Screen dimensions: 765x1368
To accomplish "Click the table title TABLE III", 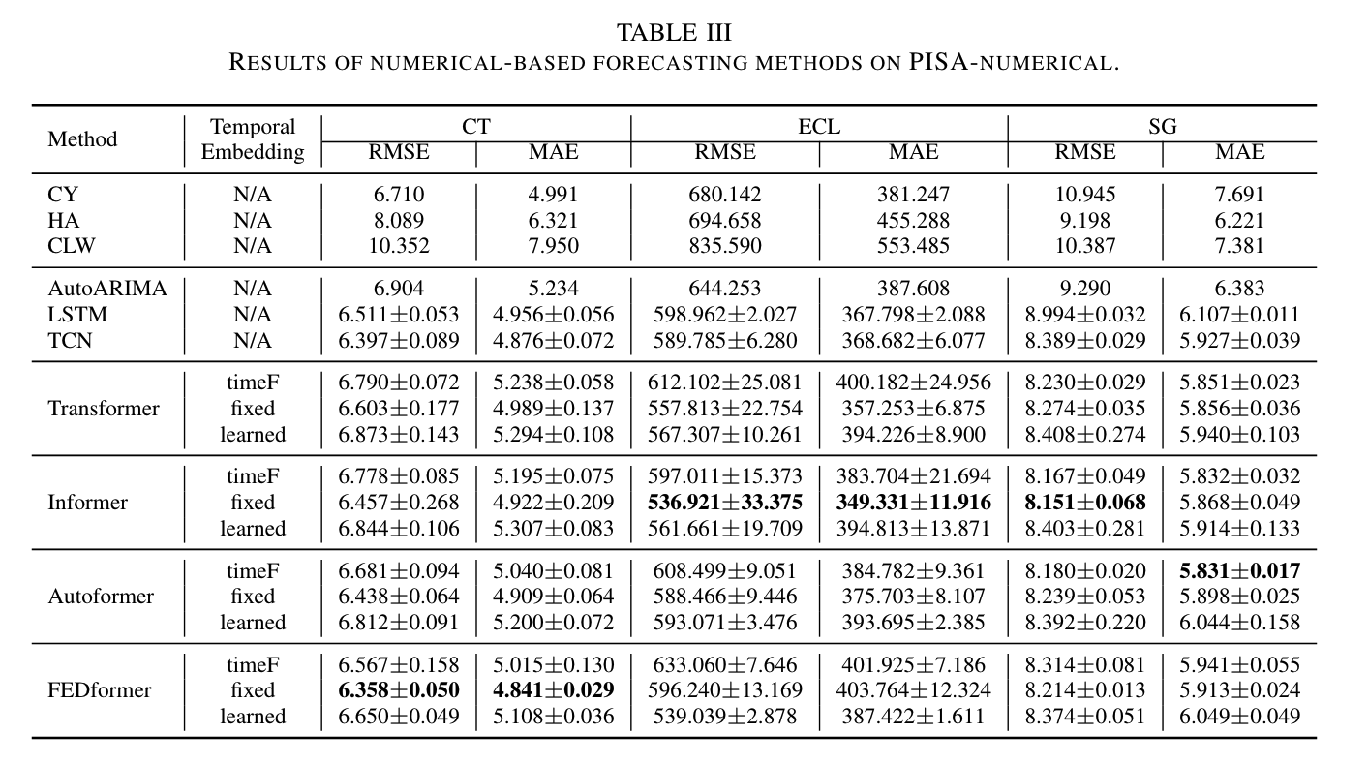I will coord(674,32).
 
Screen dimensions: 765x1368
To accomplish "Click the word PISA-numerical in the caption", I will coord(1013,64).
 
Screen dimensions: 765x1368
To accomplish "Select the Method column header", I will coord(82,139).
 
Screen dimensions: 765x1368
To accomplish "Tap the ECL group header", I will coord(819,127).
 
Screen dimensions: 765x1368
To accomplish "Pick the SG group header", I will coord(1162,127).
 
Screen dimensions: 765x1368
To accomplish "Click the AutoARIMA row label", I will coord(107,289).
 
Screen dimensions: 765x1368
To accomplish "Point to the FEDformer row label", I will coord(100,690).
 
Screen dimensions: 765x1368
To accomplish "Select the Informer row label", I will coord(87,503).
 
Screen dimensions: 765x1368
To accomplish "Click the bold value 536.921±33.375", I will coord(725,503).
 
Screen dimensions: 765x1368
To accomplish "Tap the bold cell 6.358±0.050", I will coord(398,690).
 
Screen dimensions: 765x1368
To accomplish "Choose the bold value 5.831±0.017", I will coord(1239,571).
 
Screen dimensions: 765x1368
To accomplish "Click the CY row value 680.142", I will coord(725,195).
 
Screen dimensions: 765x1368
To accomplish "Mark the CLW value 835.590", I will coord(725,246).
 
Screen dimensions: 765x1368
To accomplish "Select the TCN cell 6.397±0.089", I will coord(398,341).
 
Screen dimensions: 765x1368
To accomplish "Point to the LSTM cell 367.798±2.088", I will coord(913,315).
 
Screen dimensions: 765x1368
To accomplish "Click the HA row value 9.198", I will coord(1084,221).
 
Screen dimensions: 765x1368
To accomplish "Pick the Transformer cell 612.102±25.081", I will coord(725,382).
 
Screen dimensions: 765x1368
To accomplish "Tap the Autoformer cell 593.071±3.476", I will coord(725,623).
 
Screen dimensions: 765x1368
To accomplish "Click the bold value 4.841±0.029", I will coord(554,690).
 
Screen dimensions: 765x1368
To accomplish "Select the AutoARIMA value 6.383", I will coord(1239,289).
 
